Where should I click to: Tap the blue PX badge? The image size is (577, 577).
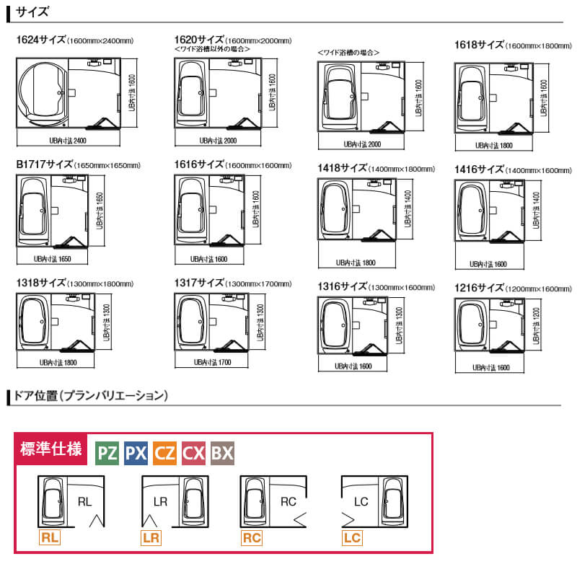point(136,453)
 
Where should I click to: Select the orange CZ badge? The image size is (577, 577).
point(164,453)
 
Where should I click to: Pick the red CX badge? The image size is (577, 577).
point(193,453)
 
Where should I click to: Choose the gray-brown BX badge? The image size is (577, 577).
point(222,453)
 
